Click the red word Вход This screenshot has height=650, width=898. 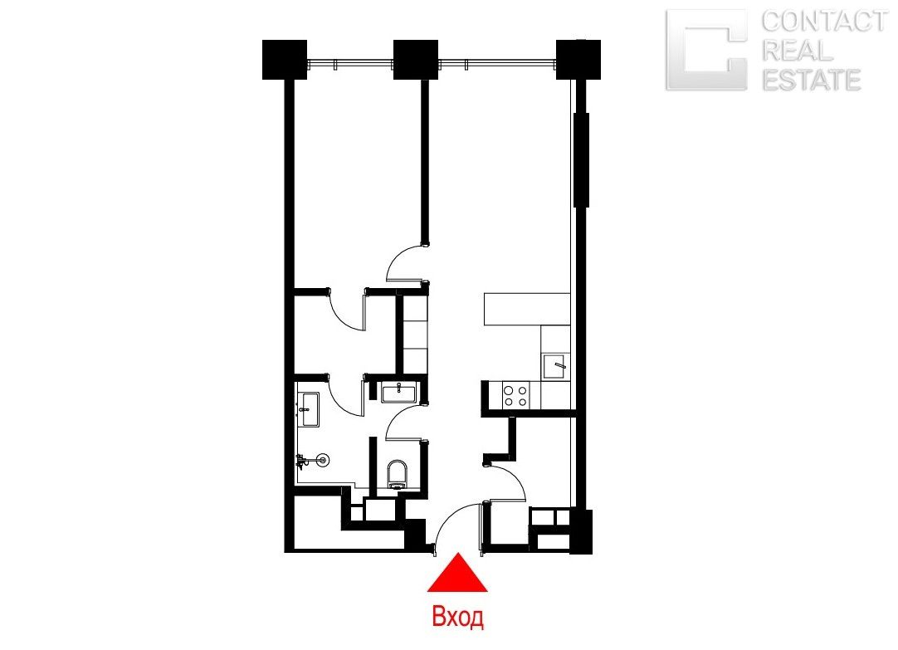tap(457, 618)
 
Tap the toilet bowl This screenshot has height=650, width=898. tap(397, 474)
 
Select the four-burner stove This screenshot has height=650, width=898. tap(515, 396)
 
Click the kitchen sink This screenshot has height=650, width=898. tap(555, 367)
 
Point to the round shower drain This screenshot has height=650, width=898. tap(323, 459)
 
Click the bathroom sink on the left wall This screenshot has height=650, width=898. tap(309, 409)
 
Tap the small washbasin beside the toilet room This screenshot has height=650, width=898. tap(398, 393)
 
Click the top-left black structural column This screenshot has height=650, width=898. tap(285, 60)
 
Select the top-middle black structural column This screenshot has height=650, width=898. tap(416, 60)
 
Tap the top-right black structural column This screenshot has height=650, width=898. tap(578, 60)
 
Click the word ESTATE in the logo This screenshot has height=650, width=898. tap(812, 80)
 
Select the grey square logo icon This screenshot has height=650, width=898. tap(707, 51)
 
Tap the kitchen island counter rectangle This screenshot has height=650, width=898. tap(527, 310)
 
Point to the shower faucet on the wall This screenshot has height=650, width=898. tap(302, 461)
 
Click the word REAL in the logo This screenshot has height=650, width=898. tap(798, 51)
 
